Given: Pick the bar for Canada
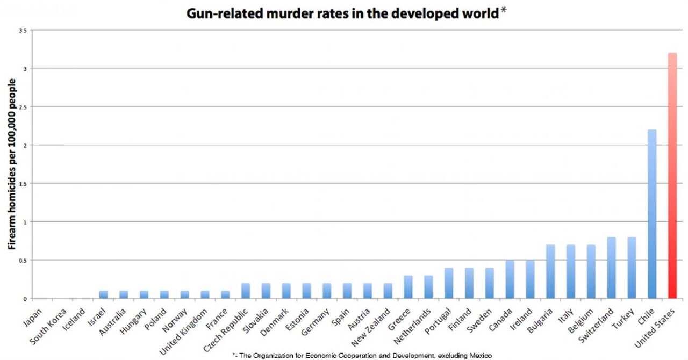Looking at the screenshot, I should (509, 279).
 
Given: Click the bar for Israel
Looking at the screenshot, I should (103, 294).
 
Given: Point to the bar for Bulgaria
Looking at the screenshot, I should (550, 271).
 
